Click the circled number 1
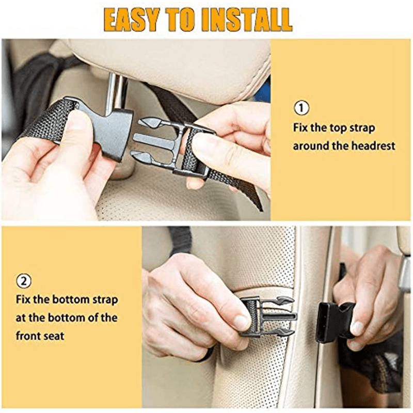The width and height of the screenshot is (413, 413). coord(301,108)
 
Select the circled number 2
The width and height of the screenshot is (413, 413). coord(23,281)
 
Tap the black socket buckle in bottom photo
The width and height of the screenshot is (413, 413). coord(333,321)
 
